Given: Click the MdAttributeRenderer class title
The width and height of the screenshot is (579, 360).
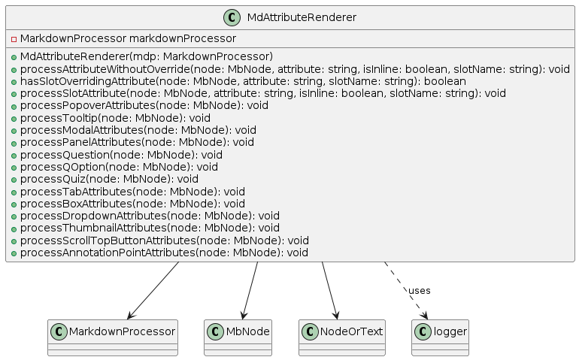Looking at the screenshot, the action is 302,17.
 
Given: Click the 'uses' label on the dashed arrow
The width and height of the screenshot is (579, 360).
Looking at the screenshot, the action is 419,291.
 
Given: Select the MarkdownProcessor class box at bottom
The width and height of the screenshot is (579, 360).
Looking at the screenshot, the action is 113,338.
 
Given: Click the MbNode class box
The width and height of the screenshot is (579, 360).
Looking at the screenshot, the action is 238,338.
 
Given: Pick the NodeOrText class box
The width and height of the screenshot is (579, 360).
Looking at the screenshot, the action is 342,338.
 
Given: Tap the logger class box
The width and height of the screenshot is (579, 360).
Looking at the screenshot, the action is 440,338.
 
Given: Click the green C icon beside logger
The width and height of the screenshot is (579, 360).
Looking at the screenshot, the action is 423,331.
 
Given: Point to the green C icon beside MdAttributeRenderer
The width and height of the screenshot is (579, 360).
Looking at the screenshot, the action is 232,18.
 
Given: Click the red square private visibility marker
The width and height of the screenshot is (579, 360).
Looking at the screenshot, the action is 14,39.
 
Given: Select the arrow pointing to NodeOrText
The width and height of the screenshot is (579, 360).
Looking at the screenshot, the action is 329,291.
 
